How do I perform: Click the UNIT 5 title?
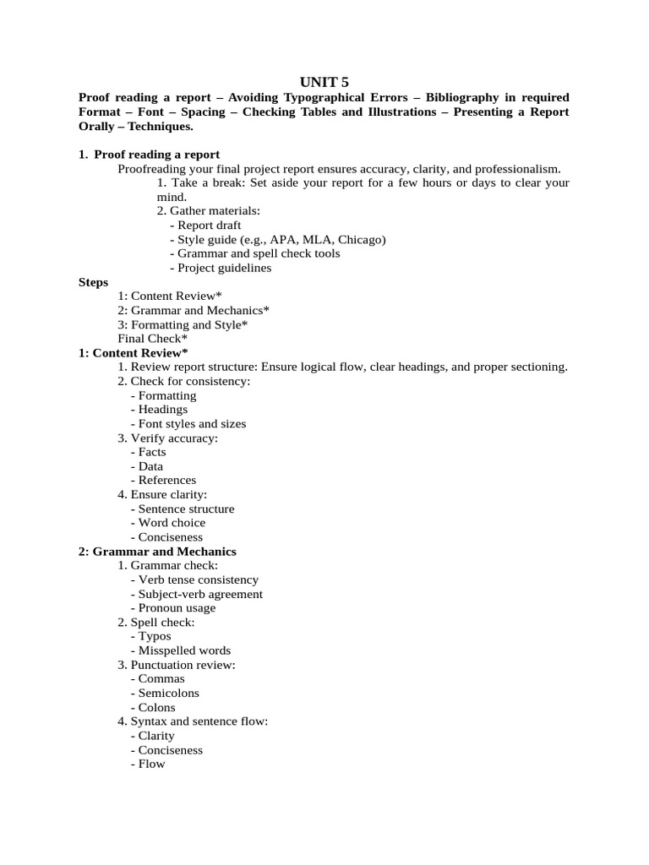click(324, 81)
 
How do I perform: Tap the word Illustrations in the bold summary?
click(409, 112)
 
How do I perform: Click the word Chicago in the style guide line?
click(361, 240)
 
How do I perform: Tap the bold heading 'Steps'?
click(93, 282)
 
